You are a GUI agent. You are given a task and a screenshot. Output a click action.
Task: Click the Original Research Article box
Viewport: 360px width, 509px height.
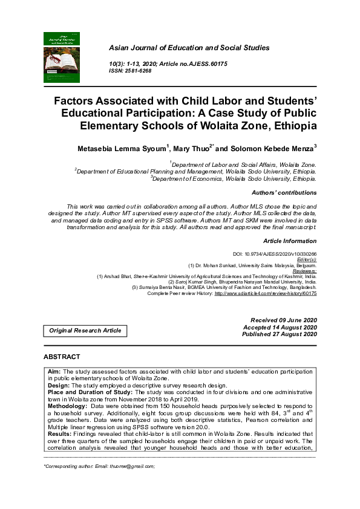pos(85,330)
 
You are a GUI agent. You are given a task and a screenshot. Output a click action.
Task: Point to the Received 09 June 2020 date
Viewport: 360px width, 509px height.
pos(284,320)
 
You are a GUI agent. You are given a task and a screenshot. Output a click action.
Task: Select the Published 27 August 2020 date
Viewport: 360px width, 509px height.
pos(280,334)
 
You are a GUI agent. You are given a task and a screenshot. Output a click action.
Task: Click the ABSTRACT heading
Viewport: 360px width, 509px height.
pos(62,357)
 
